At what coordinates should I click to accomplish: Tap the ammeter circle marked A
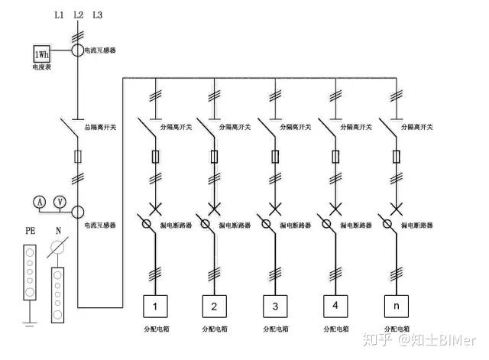40,201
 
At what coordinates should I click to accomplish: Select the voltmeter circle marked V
60,201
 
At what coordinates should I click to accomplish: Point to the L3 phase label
96,15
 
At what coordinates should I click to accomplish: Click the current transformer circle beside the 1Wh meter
78,50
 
